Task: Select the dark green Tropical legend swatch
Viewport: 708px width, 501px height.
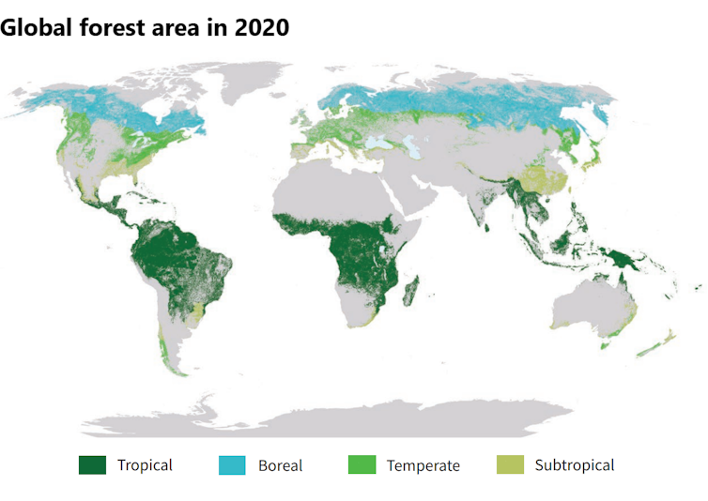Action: [92, 464]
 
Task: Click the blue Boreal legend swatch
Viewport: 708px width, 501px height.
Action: [232, 464]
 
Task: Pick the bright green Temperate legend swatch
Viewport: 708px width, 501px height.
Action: [362, 464]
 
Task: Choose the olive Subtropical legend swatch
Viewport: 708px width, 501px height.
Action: [509, 464]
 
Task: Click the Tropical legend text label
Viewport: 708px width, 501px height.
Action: [145, 465]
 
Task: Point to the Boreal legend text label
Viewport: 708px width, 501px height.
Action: [280, 465]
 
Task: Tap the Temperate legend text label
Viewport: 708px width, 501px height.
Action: [423, 465]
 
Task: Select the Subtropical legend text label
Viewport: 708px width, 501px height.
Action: [575, 465]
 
